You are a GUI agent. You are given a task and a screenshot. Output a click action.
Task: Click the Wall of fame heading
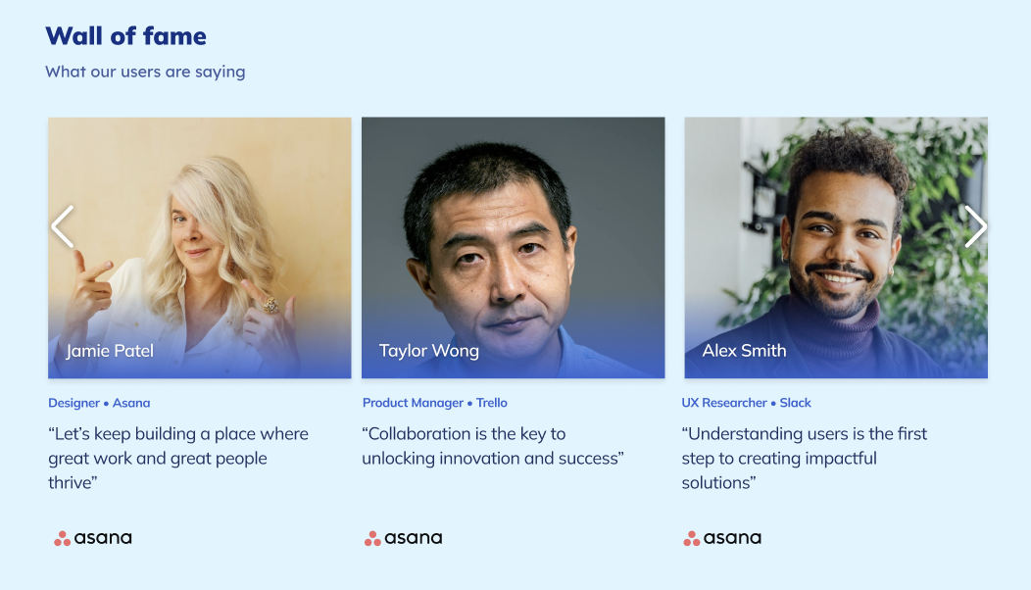click(x=125, y=36)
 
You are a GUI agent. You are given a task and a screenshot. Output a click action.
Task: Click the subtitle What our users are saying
click(x=145, y=72)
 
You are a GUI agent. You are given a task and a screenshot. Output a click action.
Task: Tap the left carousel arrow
click(x=63, y=226)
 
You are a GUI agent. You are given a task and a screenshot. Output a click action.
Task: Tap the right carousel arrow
click(x=975, y=226)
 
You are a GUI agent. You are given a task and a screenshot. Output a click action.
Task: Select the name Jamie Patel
click(x=110, y=351)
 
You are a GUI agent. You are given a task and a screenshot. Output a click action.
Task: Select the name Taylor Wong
click(x=429, y=351)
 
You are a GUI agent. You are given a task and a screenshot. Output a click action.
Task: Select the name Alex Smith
click(x=744, y=351)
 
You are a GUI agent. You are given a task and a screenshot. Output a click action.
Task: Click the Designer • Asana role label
click(x=99, y=403)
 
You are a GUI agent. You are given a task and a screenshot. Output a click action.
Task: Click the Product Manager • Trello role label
click(x=435, y=403)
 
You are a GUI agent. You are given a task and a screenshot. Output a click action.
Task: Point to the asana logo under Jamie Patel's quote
click(x=93, y=538)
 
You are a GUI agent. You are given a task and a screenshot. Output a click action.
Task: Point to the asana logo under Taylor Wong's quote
click(x=404, y=538)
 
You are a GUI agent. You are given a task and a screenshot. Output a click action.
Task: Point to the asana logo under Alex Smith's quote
click(x=722, y=538)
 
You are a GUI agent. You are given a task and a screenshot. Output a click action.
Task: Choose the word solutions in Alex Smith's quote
click(x=718, y=483)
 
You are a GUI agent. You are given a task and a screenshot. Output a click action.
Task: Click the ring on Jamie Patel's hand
click(x=270, y=306)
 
